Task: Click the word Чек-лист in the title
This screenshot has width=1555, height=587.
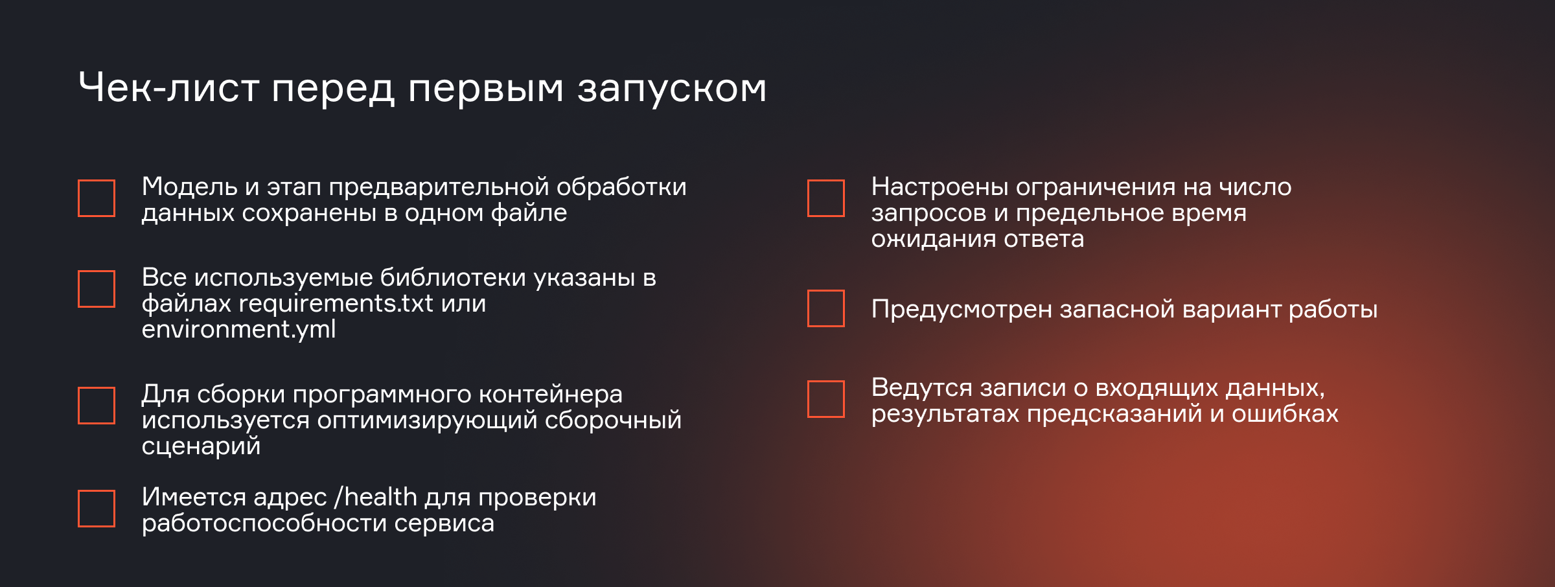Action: (169, 87)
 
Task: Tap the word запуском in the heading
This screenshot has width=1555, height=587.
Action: (672, 91)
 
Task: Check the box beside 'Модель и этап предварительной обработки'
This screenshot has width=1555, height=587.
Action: (97, 198)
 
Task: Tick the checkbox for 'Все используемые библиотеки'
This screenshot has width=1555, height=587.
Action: (97, 289)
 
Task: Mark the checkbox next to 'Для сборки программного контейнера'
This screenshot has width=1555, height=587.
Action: (97, 406)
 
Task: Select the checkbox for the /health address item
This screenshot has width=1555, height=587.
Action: (97, 509)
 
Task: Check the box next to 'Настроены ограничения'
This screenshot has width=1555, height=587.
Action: (826, 198)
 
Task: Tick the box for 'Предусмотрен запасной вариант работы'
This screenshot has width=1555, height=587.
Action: (826, 308)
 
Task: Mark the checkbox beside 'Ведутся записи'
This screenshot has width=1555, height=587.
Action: (826, 399)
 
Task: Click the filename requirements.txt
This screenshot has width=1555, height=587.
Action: (336, 304)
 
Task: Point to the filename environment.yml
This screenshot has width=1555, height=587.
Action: (239, 330)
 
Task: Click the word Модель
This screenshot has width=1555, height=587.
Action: (190, 187)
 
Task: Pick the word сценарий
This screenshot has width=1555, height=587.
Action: (201, 446)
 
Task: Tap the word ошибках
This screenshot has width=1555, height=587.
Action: (1285, 413)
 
